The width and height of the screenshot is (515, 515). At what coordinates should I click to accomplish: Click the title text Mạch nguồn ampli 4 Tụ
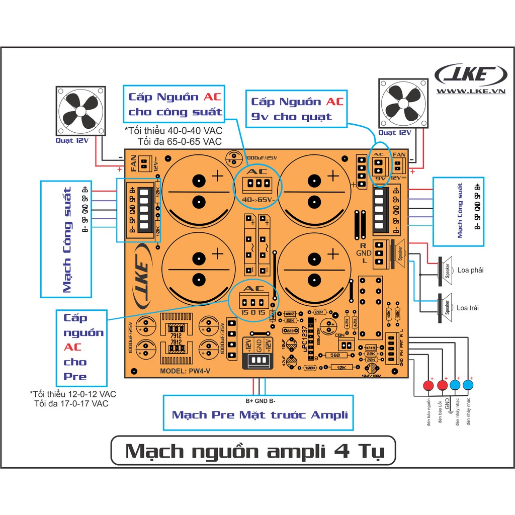point(254,451)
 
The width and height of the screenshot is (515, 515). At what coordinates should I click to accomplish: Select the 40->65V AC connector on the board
point(258,185)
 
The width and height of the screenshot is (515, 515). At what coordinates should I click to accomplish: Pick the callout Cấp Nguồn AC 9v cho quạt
point(297,109)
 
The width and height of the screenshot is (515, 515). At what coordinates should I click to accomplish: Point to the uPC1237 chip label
point(304,343)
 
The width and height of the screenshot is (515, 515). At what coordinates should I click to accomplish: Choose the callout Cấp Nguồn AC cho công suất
point(175,104)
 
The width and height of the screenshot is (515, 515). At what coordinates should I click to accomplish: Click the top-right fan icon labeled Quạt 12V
point(404,104)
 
